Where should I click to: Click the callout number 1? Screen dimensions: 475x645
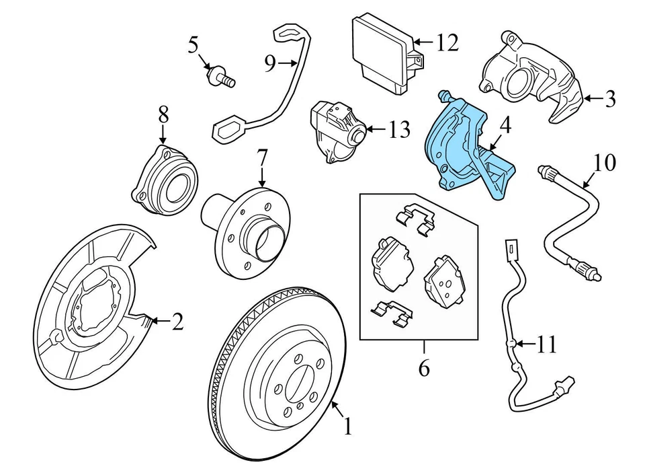click(347, 426)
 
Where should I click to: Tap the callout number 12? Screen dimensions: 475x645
click(446, 43)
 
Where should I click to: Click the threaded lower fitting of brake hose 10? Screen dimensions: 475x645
click(591, 268)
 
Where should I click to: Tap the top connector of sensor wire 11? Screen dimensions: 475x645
click(512, 250)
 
